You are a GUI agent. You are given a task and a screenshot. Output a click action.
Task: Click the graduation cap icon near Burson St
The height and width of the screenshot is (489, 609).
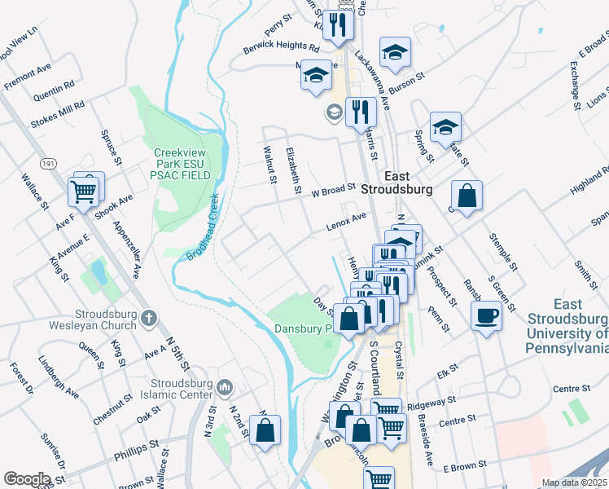395,52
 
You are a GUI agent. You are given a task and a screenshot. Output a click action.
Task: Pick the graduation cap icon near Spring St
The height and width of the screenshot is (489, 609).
445,127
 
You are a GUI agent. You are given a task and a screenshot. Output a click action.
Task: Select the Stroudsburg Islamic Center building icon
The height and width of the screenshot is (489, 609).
226,385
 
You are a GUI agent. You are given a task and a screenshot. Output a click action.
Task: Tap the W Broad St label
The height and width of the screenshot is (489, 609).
334,190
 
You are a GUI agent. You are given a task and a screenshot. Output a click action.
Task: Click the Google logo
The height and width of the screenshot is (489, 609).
27,479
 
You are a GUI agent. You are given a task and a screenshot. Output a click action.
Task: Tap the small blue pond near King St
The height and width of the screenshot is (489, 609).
99,270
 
